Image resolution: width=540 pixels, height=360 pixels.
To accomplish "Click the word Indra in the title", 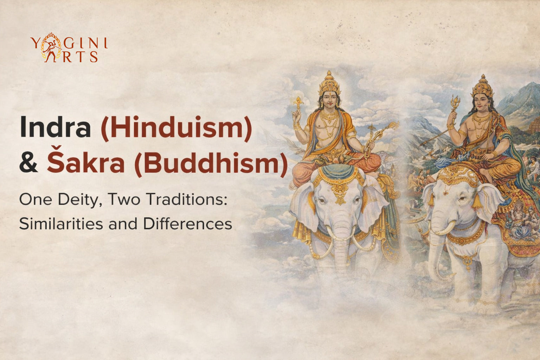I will coord(55,127).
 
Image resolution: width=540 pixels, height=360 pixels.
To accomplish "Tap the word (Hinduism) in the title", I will coord(176,128).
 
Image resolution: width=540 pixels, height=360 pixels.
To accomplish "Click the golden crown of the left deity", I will coord(329,82).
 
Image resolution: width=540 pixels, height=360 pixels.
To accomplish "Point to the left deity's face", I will coord(329,100).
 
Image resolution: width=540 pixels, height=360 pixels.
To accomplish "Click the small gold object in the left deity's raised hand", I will coord(298,102).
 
